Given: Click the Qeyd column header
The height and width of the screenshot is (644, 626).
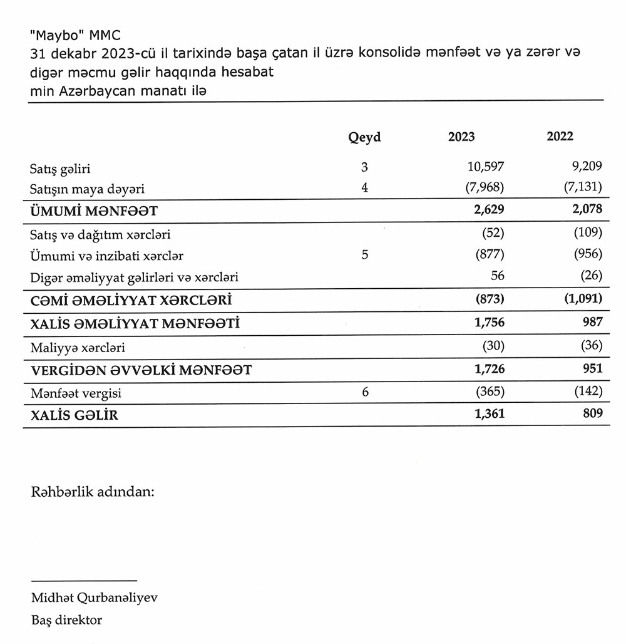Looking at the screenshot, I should [x=364, y=137].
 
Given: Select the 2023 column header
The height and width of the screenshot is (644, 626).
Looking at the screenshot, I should [x=461, y=137].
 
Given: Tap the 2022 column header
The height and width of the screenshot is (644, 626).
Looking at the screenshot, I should [x=560, y=137].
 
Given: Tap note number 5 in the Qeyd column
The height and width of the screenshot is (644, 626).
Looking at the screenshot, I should [x=364, y=255].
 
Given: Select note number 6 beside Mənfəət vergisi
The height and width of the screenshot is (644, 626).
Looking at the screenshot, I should [x=365, y=392].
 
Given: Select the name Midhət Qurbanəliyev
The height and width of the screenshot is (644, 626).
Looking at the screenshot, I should [x=95, y=597].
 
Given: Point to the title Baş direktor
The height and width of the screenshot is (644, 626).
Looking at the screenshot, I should [x=66, y=620].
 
